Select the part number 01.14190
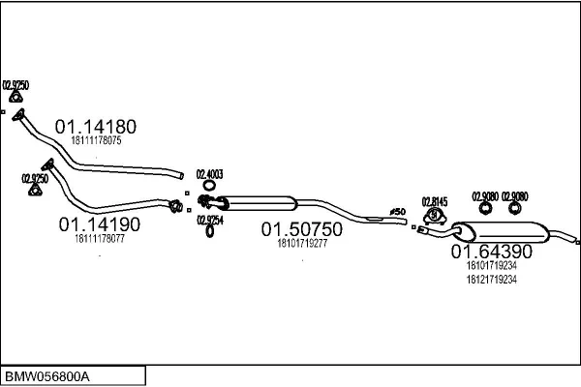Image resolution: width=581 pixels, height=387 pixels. (x=100, y=223)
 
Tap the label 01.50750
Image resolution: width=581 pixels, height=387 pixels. (x=301, y=230)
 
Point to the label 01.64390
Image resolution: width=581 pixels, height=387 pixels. (x=491, y=252)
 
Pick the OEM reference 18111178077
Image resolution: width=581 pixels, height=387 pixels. (x=99, y=238)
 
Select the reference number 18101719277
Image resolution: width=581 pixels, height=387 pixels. (x=301, y=244)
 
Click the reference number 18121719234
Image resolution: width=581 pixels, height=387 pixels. (x=491, y=279)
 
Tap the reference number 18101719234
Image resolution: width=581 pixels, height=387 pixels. (x=491, y=265)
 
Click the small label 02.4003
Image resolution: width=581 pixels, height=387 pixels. (x=209, y=174)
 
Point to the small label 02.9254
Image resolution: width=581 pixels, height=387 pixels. (x=209, y=220)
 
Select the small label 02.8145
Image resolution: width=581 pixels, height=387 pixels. (x=435, y=201)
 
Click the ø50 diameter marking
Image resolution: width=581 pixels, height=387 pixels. (x=397, y=211)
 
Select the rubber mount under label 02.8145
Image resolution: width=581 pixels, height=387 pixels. (x=434, y=215)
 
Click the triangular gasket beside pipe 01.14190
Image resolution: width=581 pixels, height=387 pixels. (x=35, y=190)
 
